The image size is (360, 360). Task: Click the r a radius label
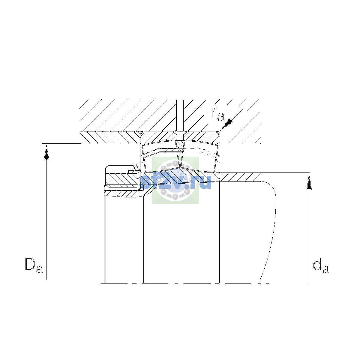click(218, 114)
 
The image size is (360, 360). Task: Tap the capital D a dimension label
click(34, 266)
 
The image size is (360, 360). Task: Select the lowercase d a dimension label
click(321, 266)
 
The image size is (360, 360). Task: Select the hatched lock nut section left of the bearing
click(121, 179)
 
